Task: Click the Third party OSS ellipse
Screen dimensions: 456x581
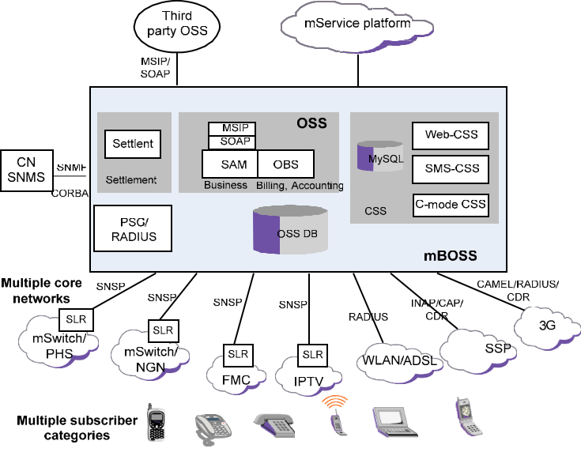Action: tap(176, 30)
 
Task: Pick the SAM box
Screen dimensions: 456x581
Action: tap(229, 164)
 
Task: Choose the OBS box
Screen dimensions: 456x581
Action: tap(285, 164)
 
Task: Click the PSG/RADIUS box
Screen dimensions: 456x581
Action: tap(133, 228)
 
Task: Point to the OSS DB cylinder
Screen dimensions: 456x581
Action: tap(289, 231)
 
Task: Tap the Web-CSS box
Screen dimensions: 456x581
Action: tap(451, 135)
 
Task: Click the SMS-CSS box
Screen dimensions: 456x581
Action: tap(451, 169)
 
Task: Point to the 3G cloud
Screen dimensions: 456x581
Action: tap(545, 324)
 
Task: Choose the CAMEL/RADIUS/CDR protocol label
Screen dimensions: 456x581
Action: tap(517, 290)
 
